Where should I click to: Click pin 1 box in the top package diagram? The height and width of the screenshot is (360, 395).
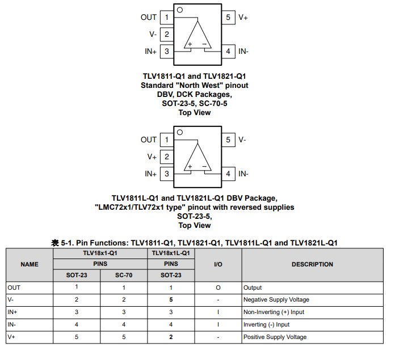167,18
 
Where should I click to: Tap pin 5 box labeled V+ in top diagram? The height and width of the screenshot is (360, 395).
228,18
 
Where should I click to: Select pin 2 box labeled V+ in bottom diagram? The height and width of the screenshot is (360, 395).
167,156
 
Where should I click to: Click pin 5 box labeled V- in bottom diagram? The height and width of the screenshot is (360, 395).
228,139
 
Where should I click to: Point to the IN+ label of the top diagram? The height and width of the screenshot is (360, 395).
150,52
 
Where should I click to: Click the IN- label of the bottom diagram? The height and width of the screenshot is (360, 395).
243,174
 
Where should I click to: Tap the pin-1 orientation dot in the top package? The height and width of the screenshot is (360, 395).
180,10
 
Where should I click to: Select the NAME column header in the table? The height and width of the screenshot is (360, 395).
30,264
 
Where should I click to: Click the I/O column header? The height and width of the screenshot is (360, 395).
218,264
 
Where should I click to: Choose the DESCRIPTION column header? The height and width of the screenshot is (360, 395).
312,264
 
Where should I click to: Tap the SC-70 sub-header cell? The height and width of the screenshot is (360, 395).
123,276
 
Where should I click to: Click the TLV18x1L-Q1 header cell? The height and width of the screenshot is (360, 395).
171,253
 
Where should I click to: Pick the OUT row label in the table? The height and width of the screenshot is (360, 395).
14,287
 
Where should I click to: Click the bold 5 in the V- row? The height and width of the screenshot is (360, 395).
170,299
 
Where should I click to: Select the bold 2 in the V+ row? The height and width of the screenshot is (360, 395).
170,337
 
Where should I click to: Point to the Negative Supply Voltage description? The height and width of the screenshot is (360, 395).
276,300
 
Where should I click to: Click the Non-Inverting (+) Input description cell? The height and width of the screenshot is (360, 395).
274,312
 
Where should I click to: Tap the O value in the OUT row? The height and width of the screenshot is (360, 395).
218,288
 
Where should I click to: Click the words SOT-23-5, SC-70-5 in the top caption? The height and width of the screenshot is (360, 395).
195,103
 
